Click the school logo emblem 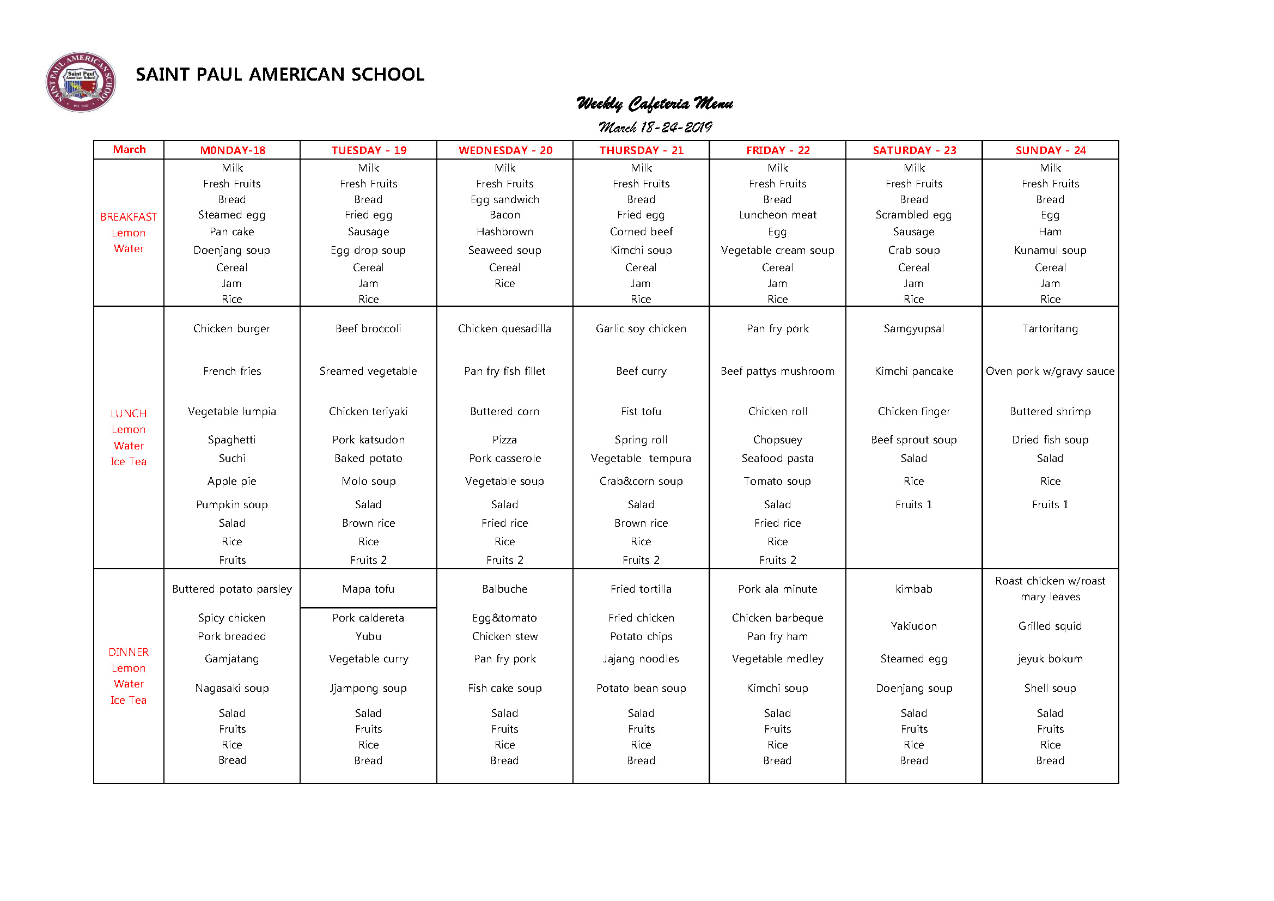[81, 82]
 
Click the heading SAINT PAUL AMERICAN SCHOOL [279, 74]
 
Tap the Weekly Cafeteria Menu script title [654, 104]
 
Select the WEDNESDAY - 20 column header [505, 150]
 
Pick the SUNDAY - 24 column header [1050, 150]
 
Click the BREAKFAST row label [129, 217]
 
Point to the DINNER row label [129, 652]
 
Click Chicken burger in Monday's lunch [232, 328]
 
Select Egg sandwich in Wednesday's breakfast [505, 199]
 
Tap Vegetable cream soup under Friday [777, 250]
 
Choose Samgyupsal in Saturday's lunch [914, 328]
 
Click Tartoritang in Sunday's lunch [1050, 328]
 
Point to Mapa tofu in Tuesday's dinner [368, 589]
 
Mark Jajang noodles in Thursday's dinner [641, 659]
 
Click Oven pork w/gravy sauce [1050, 371]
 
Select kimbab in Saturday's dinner [914, 589]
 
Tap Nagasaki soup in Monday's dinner [232, 688]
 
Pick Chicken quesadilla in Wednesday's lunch [505, 328]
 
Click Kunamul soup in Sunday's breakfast [1050, 250]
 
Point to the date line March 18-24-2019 [655, 127]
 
